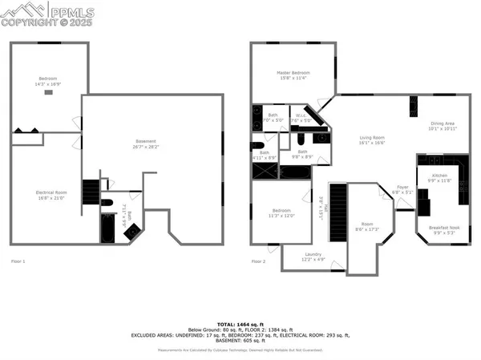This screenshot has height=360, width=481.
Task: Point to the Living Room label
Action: pos(372,140)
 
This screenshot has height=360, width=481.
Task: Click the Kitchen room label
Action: pos(440,177)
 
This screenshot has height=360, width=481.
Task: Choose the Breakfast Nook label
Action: pos(443,230)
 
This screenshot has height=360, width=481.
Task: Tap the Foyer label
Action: pos(402,190)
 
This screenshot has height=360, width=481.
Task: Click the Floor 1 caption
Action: pos(18,261)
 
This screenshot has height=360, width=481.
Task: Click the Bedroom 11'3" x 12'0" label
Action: pos(281,214)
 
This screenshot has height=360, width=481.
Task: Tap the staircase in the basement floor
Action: pos(90,193)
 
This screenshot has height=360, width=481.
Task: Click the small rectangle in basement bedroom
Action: pos(49,93)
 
